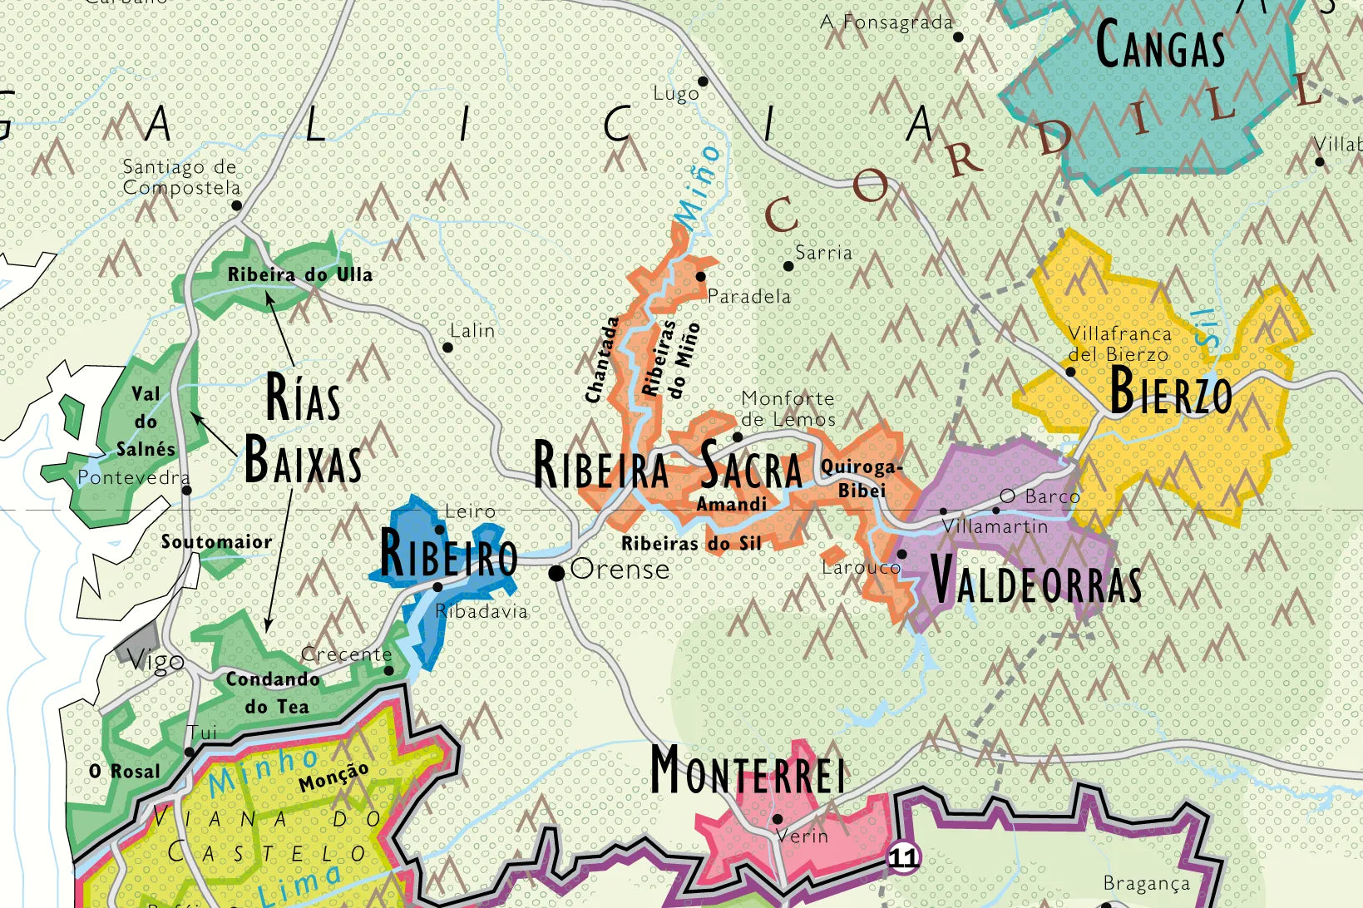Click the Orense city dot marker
click(x=557, y=572)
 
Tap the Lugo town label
click(x=676, y=94)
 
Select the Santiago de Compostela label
click(x=180, y=177)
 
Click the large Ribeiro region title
click(x=448, y=554)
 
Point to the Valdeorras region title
click(x=1035, y=580)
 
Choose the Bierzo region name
click(x=1170, y=392)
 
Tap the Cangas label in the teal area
click(x=1160, y=46)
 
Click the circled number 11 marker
click(x=903, y=857)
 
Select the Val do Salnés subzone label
click(x=146, y=422)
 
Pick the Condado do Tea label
click(x=274, y=693)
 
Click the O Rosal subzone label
click(x=125, y=772)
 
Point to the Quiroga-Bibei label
click(x=862, y=478)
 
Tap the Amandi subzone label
click(x=732, y=504)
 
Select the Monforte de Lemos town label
click(x=788, y=409)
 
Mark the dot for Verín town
click(x=778, y=819)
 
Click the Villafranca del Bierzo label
click(x=1119, y=343)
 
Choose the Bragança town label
click(x=1146, y=883)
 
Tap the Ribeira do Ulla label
click(x=299, y=274)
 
